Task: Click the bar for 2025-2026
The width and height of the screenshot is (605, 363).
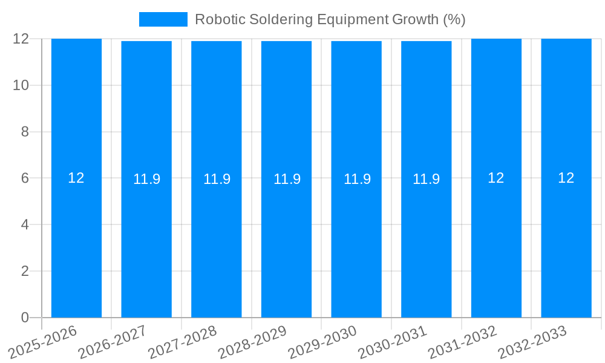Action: pos(76,242)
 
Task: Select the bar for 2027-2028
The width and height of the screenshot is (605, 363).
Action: pos(217,242)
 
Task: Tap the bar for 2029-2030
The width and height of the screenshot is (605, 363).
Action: pos(356,242)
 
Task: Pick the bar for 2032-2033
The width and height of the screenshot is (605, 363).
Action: pos(566,242)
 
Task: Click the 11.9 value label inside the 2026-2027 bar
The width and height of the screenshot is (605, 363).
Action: pos(146,179)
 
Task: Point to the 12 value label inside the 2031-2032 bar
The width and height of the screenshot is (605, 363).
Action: pos(496,178)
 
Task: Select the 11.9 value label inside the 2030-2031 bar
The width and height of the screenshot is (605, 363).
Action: pos(427,179)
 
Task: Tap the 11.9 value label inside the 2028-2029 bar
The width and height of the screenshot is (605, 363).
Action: pos(287,179)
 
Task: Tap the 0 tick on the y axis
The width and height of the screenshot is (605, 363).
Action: pos(25,318)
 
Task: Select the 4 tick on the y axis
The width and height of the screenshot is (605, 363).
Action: pos(25,224)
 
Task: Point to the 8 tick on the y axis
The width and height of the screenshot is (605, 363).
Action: pos(25,132)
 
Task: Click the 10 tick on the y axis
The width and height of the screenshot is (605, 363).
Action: pos(21,85)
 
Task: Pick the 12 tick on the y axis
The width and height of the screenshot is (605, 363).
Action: pos(21,39)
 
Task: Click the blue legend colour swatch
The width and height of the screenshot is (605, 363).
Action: pos(163,19)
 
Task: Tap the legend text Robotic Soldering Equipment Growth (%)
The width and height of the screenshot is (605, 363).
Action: pos(330,19)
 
